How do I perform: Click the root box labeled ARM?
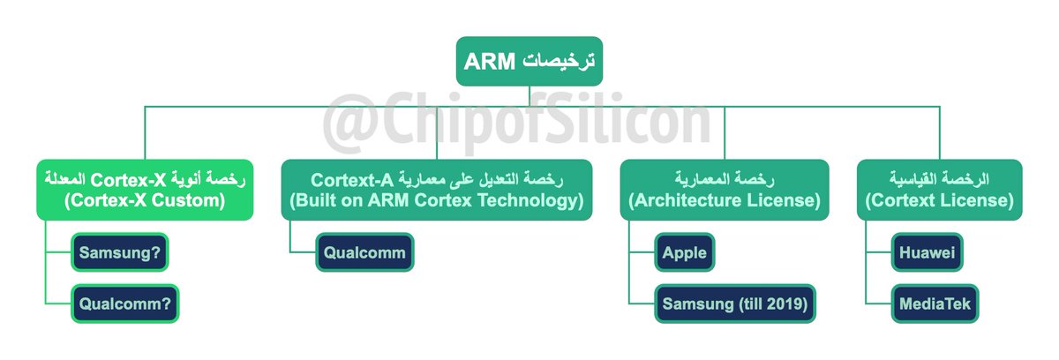coord(529,61)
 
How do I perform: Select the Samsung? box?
coord(120,253)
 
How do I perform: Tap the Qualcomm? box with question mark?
coord(125,304)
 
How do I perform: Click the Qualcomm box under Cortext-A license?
coord(363,253)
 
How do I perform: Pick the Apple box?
coord(685,253)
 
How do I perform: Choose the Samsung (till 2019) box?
coord(735,304)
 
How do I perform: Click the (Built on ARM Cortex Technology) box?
coord(437,190)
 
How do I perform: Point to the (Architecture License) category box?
coord(724,190)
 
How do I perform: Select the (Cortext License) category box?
coord(939,190)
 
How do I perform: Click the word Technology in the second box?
coord(532,200)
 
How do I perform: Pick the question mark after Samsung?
coord(157,253)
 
